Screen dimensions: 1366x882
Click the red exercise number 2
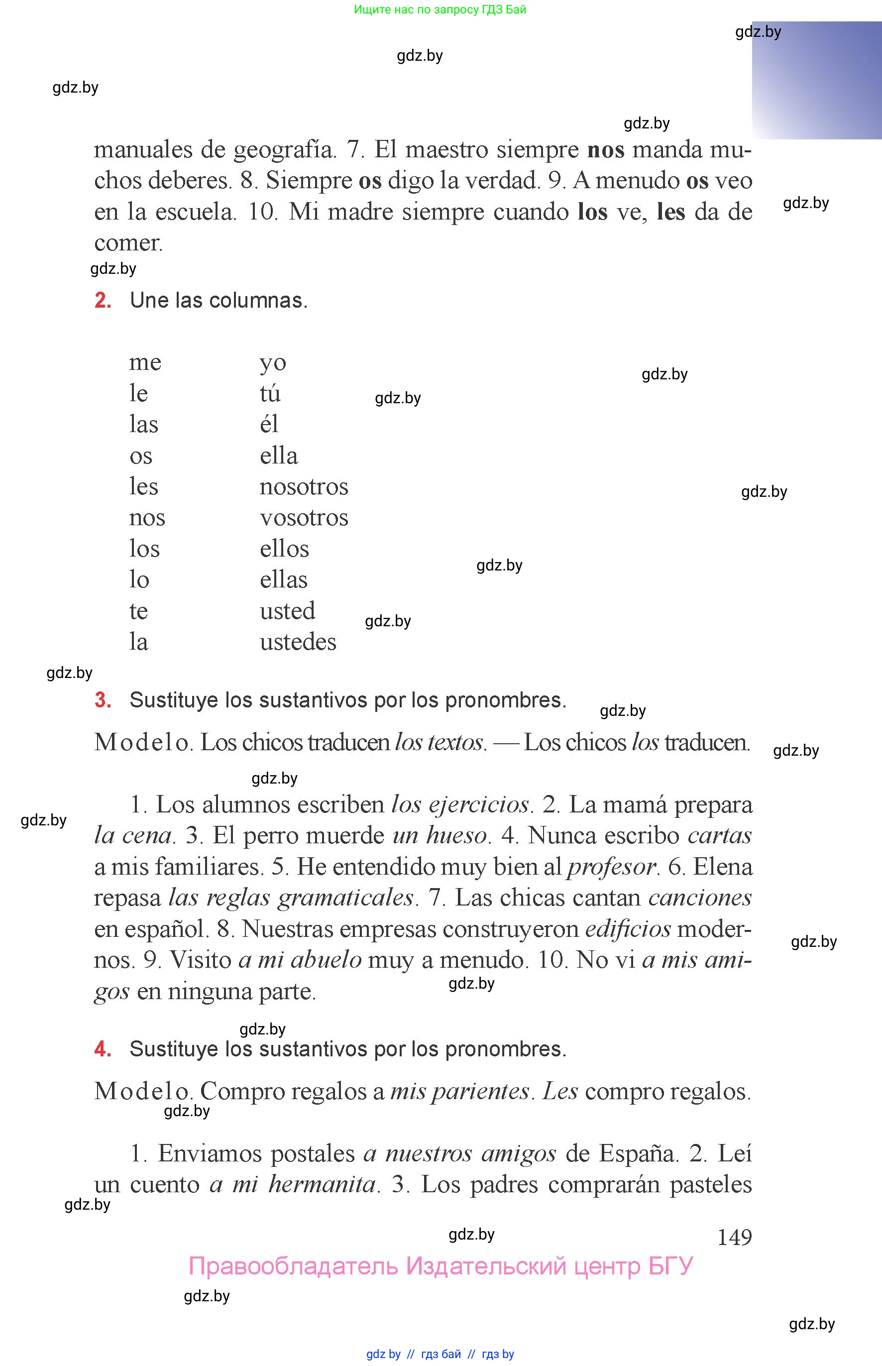[103, 301]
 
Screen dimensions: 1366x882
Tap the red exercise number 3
[103, 700]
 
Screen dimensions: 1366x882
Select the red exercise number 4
[103, 1049]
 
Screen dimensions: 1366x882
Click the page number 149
[734, 1238]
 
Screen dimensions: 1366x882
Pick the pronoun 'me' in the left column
[145, 362]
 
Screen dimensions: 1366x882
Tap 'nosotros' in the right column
[304, 487]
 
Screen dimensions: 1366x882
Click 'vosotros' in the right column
[304, 518]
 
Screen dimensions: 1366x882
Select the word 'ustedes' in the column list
[298, 642]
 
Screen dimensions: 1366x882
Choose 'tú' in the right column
[270, 393]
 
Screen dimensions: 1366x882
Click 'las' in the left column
[143, 425]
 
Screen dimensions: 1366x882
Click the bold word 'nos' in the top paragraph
[606, 150]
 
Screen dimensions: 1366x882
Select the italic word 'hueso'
[456, 836]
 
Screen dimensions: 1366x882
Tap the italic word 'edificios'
[628, 929]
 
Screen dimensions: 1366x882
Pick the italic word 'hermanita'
[322, 1184]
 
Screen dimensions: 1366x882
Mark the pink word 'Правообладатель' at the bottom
[293, 1267]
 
